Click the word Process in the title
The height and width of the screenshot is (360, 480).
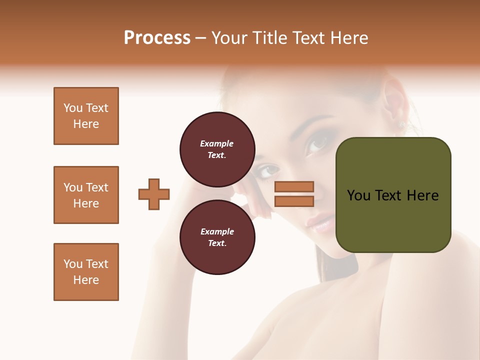point(157,38)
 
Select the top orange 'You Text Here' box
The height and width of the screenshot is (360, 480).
point(86,116)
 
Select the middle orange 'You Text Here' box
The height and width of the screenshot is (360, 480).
point(86,195)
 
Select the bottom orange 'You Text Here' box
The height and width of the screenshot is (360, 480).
point(86,272)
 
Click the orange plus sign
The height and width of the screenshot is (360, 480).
point(154,194)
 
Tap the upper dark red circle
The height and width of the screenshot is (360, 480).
point(217,149)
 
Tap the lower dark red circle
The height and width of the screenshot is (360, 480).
point(217,237)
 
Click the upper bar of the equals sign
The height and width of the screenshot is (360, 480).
point(294,187)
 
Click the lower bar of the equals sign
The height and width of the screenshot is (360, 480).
point(294,201)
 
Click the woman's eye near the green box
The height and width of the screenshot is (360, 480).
point(318,144)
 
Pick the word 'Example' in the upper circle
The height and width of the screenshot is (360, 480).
point(217,143)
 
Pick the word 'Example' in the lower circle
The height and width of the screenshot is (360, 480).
point(217,231)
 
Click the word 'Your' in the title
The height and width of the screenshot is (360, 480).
point(228,38)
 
